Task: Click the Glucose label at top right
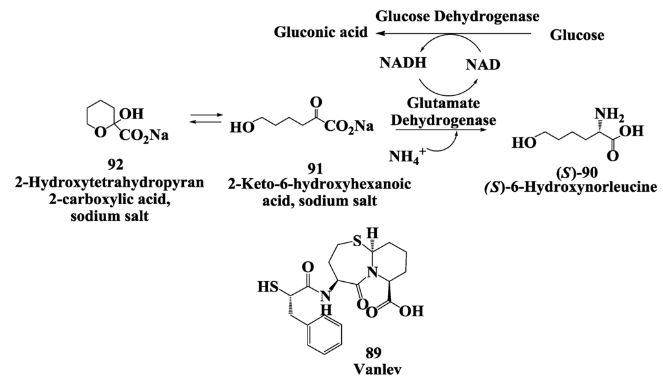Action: [577, 36]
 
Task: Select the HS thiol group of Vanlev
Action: [265, 285]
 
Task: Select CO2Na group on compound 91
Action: [348, 127]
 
